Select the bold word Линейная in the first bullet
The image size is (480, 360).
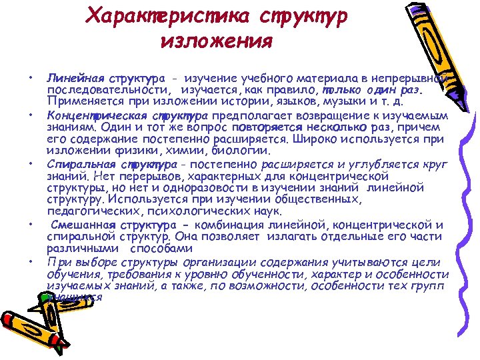tap(68, 80)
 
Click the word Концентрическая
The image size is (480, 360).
tap(95, 114)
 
